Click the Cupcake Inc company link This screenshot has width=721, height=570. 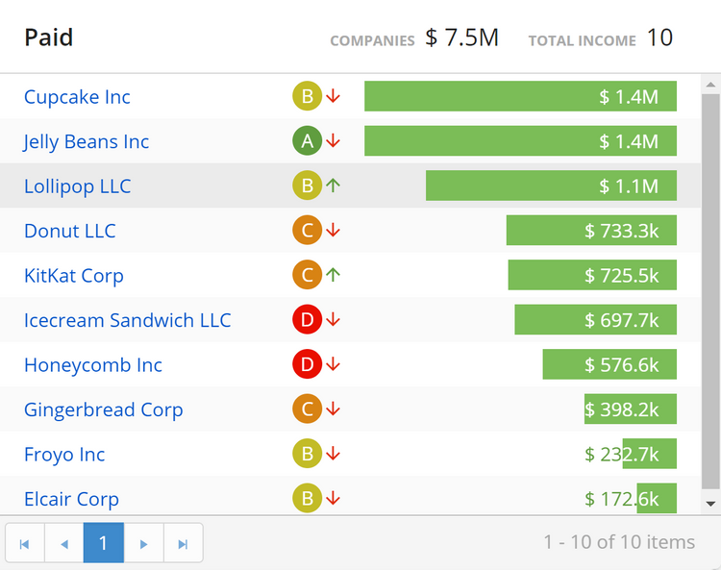pos(77,97)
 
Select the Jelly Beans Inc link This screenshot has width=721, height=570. pos(87,142)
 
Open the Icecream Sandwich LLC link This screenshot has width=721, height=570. pos(127,320)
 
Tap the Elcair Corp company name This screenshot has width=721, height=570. pos(71,499)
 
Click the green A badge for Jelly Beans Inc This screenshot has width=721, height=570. pos(307,141)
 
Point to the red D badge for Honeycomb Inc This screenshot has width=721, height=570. pos(307,364)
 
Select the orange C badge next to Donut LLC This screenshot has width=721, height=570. pos(307,231)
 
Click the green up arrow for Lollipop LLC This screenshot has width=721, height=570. pos(334,186)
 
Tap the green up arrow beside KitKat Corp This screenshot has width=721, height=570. pos(334,275)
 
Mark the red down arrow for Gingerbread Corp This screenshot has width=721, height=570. pos(334,409)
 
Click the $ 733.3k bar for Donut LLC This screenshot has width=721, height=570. pos(591,231)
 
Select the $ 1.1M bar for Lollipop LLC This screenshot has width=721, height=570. pos(551,186)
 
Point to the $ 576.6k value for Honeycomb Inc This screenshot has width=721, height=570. pos(621,365)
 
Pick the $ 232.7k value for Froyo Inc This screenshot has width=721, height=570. pos(621,455)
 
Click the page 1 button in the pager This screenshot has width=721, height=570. pos(104,543)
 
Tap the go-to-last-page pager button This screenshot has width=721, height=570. pos(183,543)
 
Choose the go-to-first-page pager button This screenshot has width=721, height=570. pos(25,543)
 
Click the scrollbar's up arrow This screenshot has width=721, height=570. pos(711,86)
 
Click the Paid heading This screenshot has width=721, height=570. pos(49,37)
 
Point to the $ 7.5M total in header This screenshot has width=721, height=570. pos(462,37)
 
